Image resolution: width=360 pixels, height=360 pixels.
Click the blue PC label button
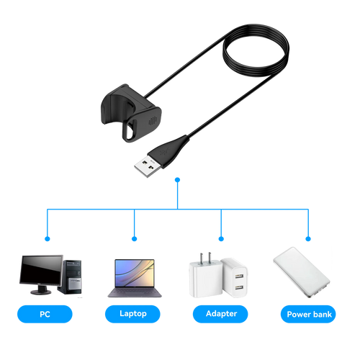[45, 314]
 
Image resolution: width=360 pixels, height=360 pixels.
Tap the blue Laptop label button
[132, 314]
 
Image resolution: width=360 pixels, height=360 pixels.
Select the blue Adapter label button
[220, 314]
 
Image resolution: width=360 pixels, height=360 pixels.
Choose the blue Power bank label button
[308, 314]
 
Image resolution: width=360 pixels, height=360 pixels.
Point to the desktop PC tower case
[70, 276]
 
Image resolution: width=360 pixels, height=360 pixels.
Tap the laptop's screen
[135, 273]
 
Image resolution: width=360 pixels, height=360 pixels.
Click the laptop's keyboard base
[135, 292]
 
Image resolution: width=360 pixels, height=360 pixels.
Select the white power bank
[302, 272]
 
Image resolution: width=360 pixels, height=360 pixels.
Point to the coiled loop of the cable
[256, 50]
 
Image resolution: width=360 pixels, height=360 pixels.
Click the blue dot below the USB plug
[177, 180]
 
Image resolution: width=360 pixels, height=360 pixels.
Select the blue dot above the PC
[48, 239]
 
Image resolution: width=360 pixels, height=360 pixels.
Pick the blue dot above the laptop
[135, 239]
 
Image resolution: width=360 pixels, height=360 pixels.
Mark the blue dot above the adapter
[221, 239]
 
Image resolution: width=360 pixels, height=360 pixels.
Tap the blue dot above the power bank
[308, 239]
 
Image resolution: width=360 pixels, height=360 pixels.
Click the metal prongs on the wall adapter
[205, 258]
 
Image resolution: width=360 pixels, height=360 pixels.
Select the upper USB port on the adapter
[239, 276]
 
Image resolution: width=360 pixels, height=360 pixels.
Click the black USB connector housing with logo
[168, 151]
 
